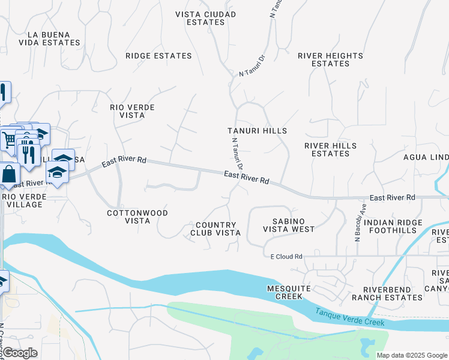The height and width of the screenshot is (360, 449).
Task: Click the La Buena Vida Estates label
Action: pos(53,39)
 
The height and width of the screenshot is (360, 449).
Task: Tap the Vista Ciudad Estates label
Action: pos(200,18)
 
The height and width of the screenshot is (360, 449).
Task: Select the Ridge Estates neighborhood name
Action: pos(158,56)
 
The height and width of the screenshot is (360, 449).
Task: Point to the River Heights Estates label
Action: pos(330,59)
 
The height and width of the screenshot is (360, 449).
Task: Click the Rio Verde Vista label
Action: pos(133,111)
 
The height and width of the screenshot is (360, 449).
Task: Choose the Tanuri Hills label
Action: pos(257,131)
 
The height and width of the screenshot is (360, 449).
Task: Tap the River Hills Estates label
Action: pos(330,149)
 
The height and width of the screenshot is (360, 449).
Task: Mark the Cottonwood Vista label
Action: pos(137,217)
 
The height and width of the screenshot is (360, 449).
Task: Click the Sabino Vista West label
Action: pos(289,225)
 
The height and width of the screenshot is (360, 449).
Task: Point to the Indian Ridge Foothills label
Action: pos(390,226)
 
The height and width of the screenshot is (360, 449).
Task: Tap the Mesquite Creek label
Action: pos(289,292)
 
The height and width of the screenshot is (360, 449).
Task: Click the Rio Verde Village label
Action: pos(22,200)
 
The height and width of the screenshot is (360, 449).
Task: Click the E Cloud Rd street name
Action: pos(286,257)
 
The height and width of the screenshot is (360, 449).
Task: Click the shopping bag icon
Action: pos(9,175)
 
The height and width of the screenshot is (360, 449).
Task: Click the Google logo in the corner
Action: pos(19,353)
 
